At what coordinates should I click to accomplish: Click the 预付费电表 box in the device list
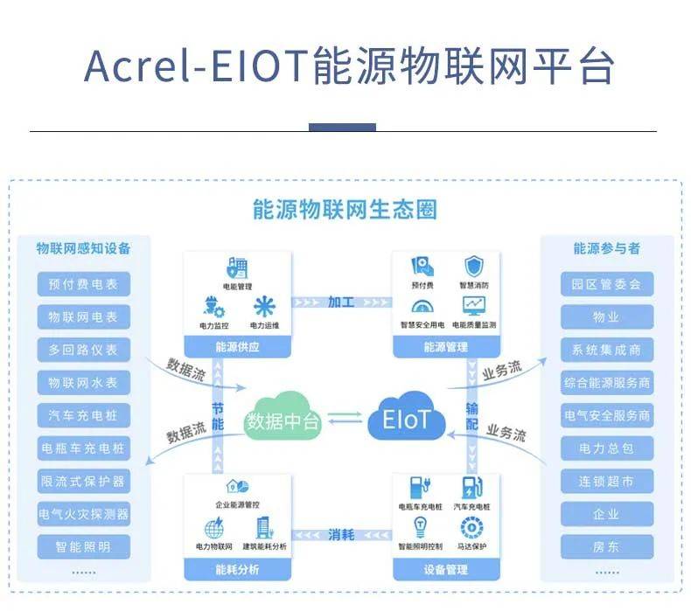(x=83, y=283)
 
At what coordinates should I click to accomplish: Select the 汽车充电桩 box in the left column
(x=83, y=415)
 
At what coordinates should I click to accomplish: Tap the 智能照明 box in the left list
(x=83, y=548)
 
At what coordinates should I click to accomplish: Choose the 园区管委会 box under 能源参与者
(x=606, y=284)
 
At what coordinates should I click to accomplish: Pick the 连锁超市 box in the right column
(x=606, y=482)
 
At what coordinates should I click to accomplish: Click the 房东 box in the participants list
(x=606, y=548)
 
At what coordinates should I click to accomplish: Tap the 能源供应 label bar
(x=236, y=347)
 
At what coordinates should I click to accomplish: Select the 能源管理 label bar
(x=446, y=347)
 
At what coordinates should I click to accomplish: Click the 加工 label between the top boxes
(x=341, y=302)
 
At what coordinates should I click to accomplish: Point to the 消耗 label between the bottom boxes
(x=341, y=534)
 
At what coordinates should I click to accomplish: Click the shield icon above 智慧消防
(x=473, y=266)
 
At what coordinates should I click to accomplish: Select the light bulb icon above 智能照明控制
(x=419, y=526)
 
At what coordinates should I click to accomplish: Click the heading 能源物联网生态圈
(x=344, y=210)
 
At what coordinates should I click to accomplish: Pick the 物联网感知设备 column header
(x=83, y=248)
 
